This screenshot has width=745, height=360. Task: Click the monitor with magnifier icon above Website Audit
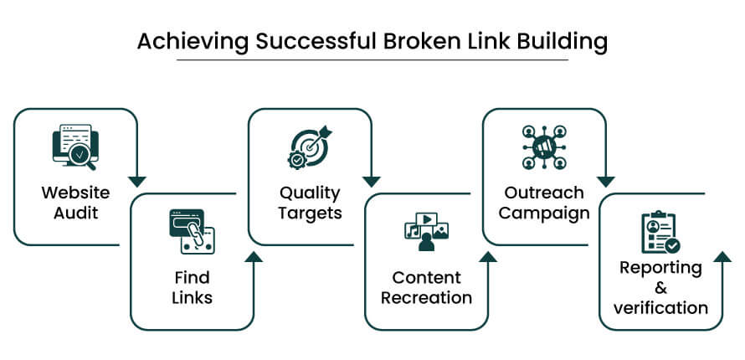[75, 147]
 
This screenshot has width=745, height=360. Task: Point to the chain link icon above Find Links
[192, 232]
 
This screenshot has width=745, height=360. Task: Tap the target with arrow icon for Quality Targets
[310, 147]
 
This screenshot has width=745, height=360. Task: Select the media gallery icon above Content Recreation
[426, 232]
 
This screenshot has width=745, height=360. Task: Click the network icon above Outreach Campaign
[544, 147]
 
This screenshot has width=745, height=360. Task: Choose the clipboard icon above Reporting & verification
[660, 232]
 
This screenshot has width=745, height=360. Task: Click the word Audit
[75, 213]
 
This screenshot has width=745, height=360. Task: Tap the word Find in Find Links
[193, 277]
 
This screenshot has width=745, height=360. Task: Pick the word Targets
[311, 213]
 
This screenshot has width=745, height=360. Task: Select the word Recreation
[426, 297]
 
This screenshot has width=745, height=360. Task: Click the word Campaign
[544, 213]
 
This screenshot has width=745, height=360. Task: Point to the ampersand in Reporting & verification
[660, 287]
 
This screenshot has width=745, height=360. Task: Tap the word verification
[660, 307]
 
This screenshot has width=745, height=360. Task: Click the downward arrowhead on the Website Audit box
[137, 181]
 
